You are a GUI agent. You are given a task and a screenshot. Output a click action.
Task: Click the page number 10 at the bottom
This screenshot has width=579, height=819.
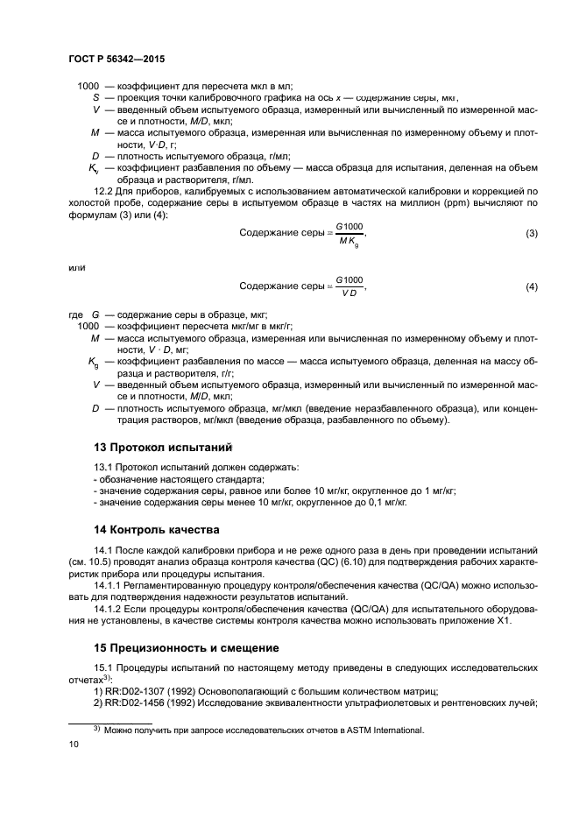[x=74, y=744]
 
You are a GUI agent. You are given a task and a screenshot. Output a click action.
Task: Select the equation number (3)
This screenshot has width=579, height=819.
[x=531, y=234]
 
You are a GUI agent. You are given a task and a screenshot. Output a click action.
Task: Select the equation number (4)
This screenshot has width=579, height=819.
[x=531, y=286]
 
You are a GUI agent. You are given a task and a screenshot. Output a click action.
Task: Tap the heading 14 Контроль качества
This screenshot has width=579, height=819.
[x=155, y=530]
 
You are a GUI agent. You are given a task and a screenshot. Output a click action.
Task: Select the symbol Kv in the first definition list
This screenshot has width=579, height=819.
[x=94, y=167]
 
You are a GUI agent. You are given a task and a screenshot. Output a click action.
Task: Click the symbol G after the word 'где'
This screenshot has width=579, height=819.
[x=95, y=314]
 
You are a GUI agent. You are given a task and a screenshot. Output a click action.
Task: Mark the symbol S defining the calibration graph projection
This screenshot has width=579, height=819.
[x=95, y=98]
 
